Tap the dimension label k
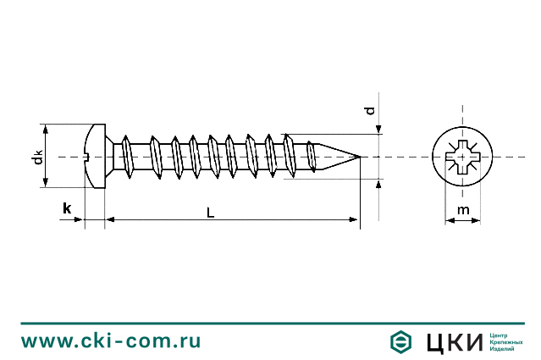pos(66,208)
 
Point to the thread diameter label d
pos(368,111)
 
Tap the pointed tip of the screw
pos(359,157)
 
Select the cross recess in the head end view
pos(462,157)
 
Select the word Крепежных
pos(506,341)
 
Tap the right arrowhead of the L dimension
pos(355,220)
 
